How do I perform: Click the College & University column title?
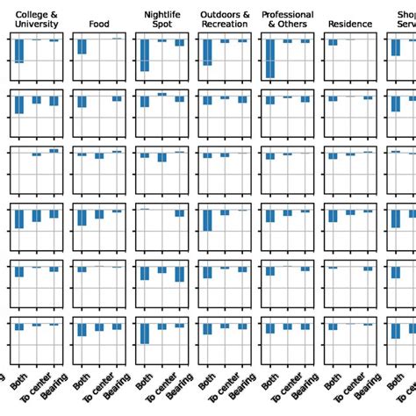pyautogui.click(x=37, y=19)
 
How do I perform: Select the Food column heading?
pyautogui.click(x=99, y=25)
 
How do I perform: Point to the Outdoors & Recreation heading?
pyautogui.click(x=225, y=19)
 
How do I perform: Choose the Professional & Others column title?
pyautogui.click(x=288, y=19)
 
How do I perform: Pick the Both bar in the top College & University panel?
pyautogui.click(x=19, y=51)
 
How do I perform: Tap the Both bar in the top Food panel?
pyautogui.click(x=82, y=47)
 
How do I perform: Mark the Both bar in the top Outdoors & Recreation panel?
pyautogui.click(x=207, y=52)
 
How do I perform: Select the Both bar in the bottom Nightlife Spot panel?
pyautogui.click(x=145, y=334)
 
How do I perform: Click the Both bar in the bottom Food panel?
pyautogui.click(x=82, y=330)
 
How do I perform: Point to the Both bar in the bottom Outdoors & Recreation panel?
pyautogui.click(x=207, y=329)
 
